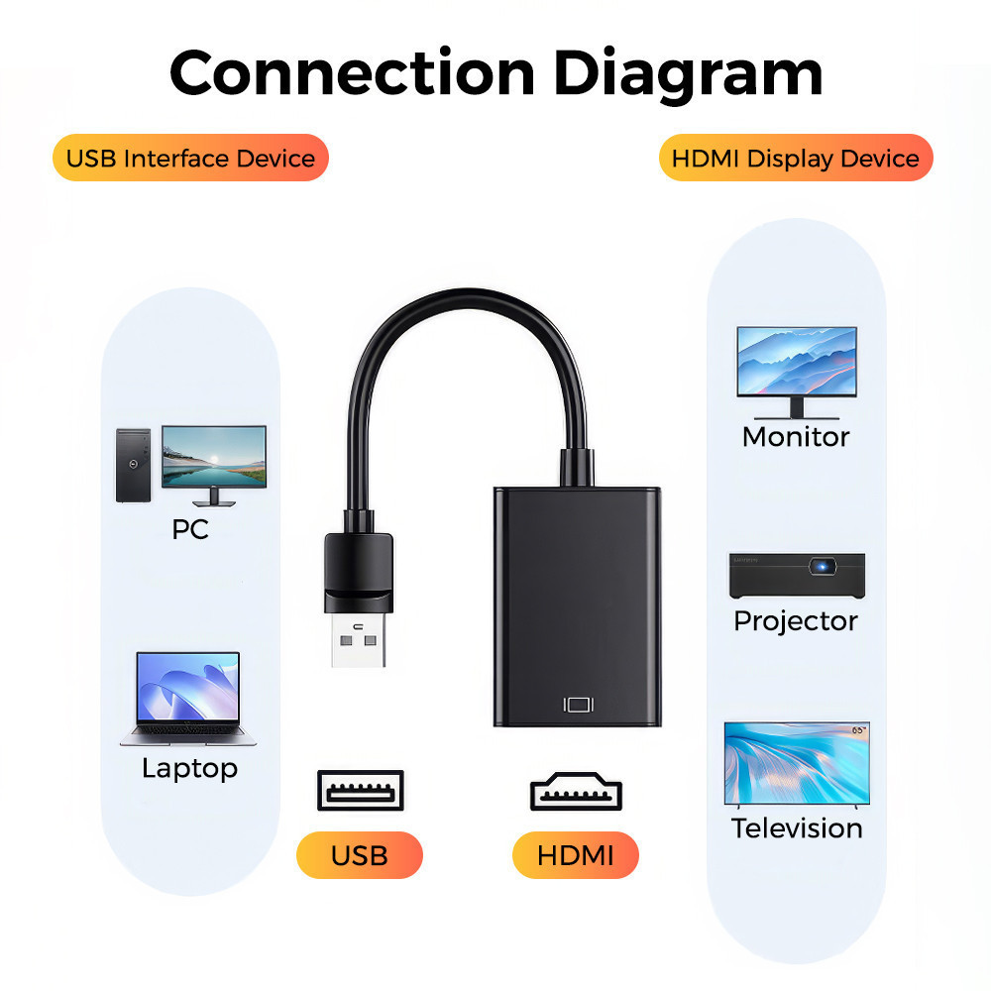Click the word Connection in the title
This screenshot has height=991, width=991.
352,72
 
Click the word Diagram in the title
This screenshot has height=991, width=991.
687,72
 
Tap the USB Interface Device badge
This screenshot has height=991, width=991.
190,158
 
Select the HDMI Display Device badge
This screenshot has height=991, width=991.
796,158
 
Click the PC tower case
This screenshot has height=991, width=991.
133,465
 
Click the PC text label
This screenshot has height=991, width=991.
190,529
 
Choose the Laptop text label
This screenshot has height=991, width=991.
189,768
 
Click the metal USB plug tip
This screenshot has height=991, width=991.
358,644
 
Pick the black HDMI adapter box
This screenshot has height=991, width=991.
577,605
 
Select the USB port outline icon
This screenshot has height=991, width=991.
360,790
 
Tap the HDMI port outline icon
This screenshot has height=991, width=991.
576,792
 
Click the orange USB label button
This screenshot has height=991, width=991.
360,855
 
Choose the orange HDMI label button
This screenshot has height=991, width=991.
576,855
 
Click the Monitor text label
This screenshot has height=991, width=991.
796,436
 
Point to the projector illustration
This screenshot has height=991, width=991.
797,576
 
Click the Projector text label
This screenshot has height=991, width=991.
796,621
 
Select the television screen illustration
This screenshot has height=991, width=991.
797,762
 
